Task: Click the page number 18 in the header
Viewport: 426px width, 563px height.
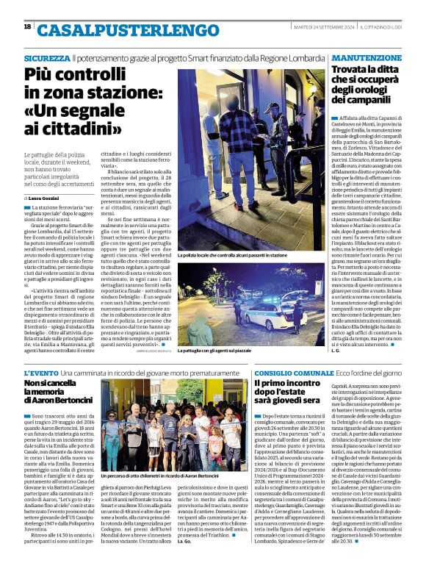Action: point(28,26)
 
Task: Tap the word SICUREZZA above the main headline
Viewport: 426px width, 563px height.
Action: point(47,57)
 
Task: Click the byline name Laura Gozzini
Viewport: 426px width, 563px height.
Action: point(46,198)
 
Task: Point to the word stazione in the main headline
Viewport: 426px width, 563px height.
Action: point(110,94)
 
